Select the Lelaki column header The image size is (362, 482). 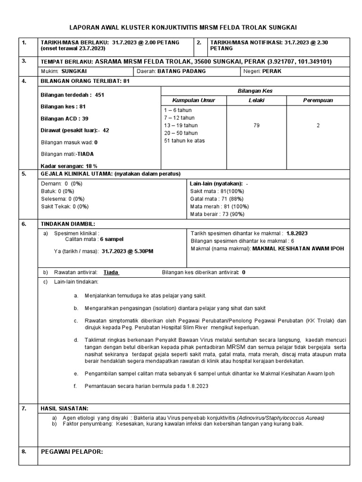coord(256,101)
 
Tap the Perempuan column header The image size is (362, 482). coord(318,101)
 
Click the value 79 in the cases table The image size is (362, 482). coord(256,126)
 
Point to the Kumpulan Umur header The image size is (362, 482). coord(193,101)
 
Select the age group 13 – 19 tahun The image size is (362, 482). coord(181,126)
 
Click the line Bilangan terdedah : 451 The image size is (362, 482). coord(73,95)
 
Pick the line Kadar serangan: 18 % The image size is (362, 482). coord(69,166)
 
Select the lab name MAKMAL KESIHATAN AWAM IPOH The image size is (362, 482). coord(298,249)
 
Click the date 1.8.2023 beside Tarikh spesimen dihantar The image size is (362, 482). coord(299,233)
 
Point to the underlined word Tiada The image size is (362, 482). coord(111,273)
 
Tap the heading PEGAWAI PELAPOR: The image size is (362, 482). coord(72,452)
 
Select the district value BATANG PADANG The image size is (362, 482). coord(179,72)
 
